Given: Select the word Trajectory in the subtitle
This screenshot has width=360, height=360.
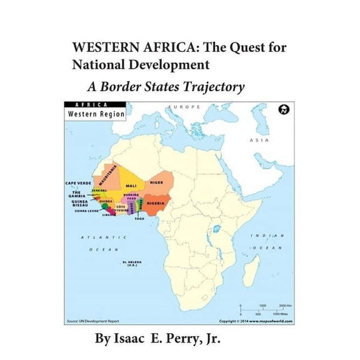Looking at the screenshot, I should pos(212,87).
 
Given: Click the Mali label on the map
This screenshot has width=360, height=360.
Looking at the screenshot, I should pos(131,186).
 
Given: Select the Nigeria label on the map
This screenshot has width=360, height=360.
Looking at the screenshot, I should pos(155,204).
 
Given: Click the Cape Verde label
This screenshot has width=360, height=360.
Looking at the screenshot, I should pos(76,183).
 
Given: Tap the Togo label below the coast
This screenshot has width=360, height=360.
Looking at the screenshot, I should pos(139,219).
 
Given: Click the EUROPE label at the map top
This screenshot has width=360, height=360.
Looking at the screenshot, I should pos(183,107).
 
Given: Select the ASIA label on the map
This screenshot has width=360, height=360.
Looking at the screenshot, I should pos(259,140).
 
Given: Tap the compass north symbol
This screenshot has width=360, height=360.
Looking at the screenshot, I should pos(286,110).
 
